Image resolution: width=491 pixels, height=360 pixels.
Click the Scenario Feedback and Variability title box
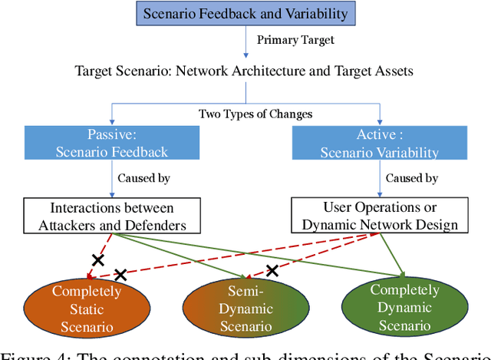[245, 13]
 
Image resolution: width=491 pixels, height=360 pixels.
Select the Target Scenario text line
[244, 71]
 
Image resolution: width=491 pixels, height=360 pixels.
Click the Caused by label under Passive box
[143, 178]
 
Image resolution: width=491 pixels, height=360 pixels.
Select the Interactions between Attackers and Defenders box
[112, 216]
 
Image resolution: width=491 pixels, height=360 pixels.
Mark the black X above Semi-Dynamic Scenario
[272, 270]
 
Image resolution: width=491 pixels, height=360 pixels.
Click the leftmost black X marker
[97, 259]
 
